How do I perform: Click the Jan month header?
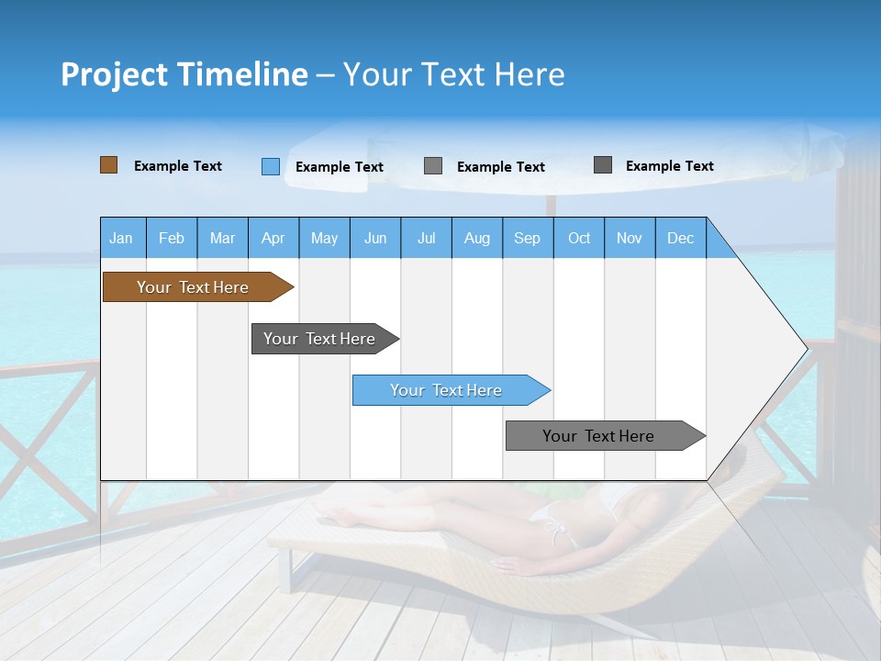coord(122,238)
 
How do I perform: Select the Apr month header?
coord(273,238)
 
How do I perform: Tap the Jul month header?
coord(426,238)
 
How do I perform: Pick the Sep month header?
coord(528,238)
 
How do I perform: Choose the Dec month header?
coord(680,238)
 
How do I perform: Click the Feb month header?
coord(172,238)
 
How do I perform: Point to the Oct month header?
coord(579,238)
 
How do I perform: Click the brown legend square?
coord(108,165)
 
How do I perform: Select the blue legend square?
coord(270,166)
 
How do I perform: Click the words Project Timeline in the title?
coord(184,74)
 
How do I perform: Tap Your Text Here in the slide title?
coord(454,74)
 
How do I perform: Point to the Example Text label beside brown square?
coord(178,166)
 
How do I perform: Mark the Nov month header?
coord(630,238)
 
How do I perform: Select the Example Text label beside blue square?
coord(340,167)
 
